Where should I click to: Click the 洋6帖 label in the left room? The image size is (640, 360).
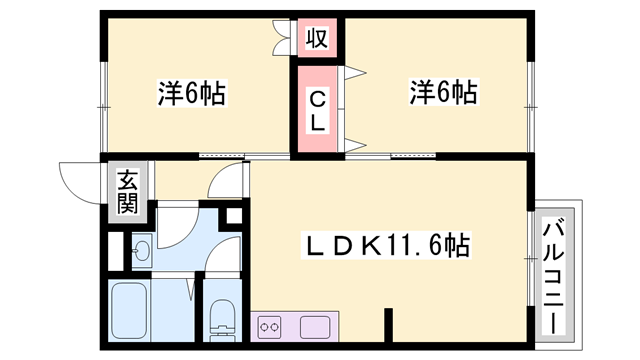(x=190, y=95)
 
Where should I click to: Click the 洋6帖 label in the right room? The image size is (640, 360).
(x=441, y=93)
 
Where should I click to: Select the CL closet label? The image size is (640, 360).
(x=316, y=110)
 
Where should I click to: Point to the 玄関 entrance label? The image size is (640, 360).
(x=127, y=192)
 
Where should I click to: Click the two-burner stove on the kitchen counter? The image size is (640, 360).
(x=270, y=325)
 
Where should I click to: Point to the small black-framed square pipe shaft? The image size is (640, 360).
(x=233, y=215)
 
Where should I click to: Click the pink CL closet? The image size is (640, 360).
(x=316, y=110)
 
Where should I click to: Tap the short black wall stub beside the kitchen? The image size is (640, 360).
(x=387, y=325)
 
